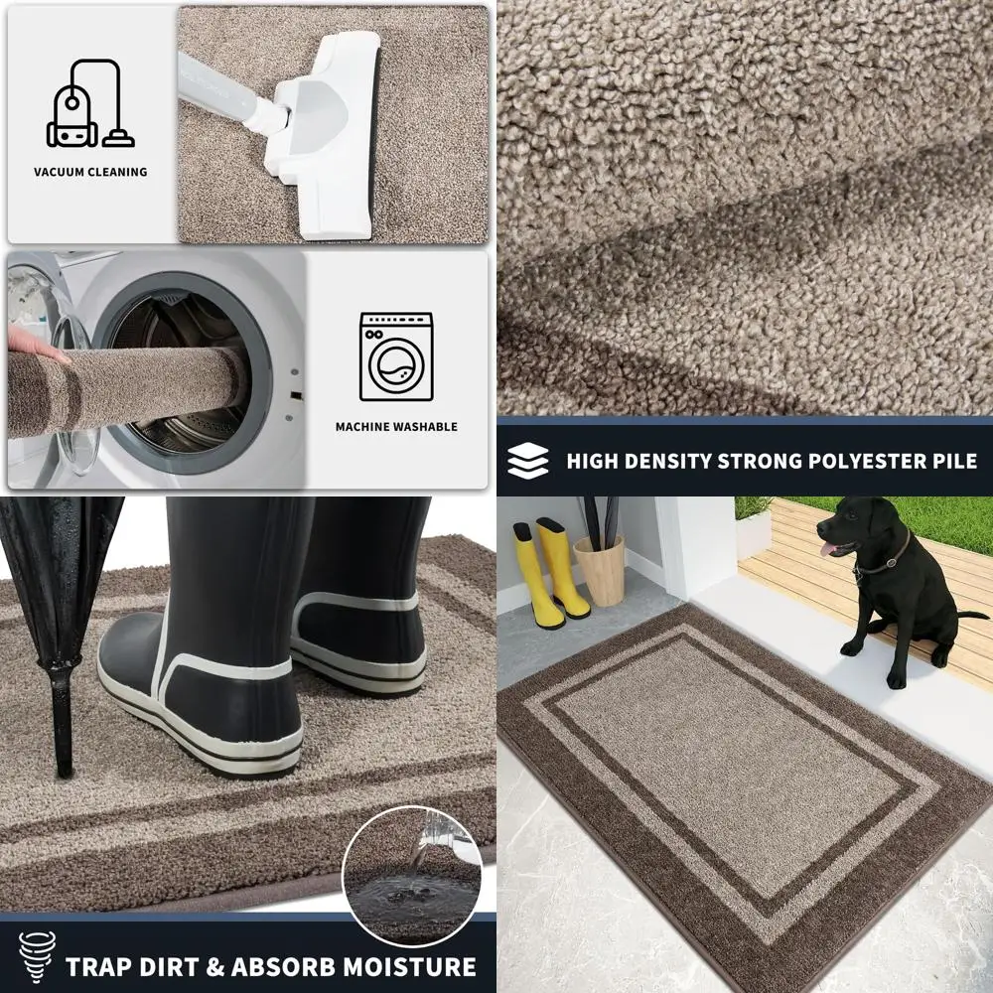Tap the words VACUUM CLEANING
[90, 172]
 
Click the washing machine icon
[396, 356]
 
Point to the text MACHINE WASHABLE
[396, 427]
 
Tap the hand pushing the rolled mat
[35, 343]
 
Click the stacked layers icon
[527, 461]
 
